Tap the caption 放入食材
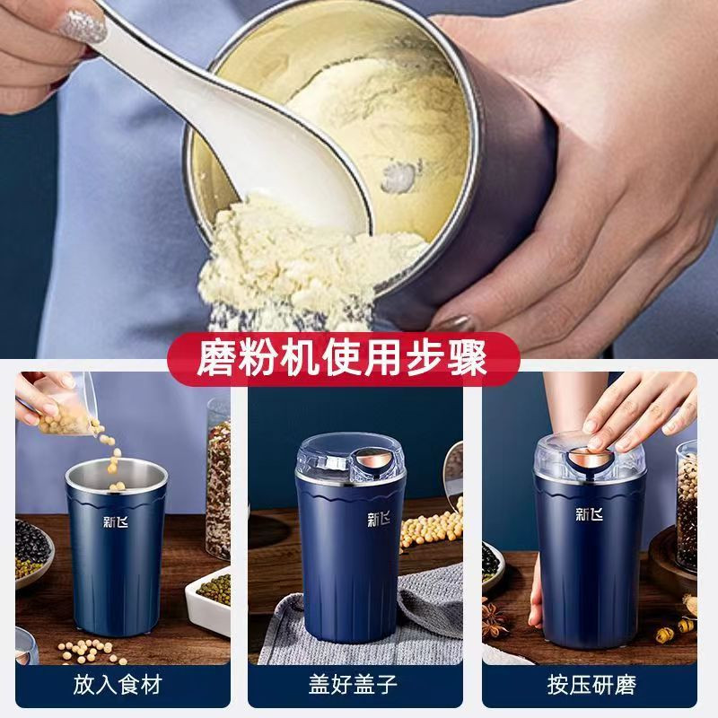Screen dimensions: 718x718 [118, 686]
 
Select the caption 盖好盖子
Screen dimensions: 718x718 [353, 686]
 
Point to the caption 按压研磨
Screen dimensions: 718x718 [591, 686]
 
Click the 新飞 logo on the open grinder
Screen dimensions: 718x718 [116, 522]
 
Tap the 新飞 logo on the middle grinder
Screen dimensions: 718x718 [379, 519]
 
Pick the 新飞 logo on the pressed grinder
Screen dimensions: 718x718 [590, 514]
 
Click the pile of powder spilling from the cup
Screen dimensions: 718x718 [293, 266]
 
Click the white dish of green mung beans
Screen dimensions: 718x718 [209, 599]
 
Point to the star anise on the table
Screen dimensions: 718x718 [494, 619]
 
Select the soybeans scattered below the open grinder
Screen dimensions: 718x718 [92, 650]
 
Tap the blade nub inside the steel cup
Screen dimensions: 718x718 [399, 176]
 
